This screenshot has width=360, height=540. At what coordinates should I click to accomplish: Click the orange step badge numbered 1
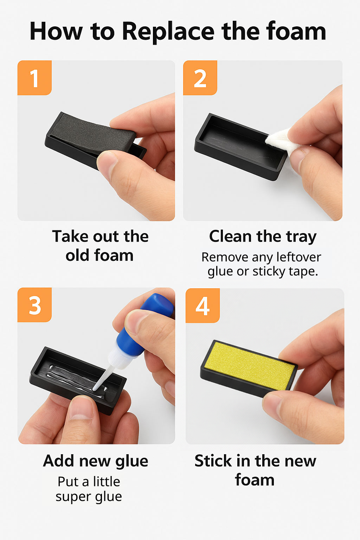coord(34,78)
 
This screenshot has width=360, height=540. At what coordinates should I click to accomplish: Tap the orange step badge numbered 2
coord(200,78)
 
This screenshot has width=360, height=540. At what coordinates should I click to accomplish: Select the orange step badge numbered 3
coord(34,305)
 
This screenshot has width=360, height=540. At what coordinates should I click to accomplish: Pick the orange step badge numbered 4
coord(202,306)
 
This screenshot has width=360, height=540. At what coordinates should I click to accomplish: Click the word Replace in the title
coord(168,31)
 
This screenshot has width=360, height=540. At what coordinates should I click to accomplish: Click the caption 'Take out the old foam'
coord(100,246)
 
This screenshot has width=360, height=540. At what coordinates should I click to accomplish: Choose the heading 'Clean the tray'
coord(263,236)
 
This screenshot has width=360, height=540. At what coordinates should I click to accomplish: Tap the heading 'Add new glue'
coord(96,461)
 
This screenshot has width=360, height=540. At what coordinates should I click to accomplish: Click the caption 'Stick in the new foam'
coord(255,470)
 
